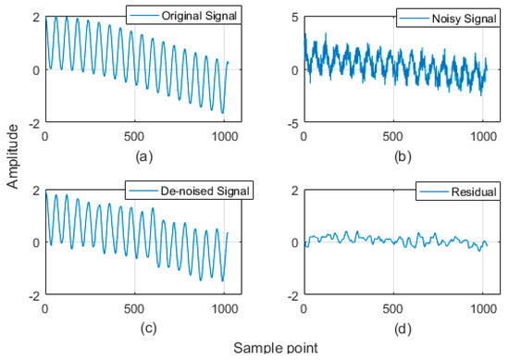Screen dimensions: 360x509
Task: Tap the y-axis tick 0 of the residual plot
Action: pyautogui.click(x=295, y=242)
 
